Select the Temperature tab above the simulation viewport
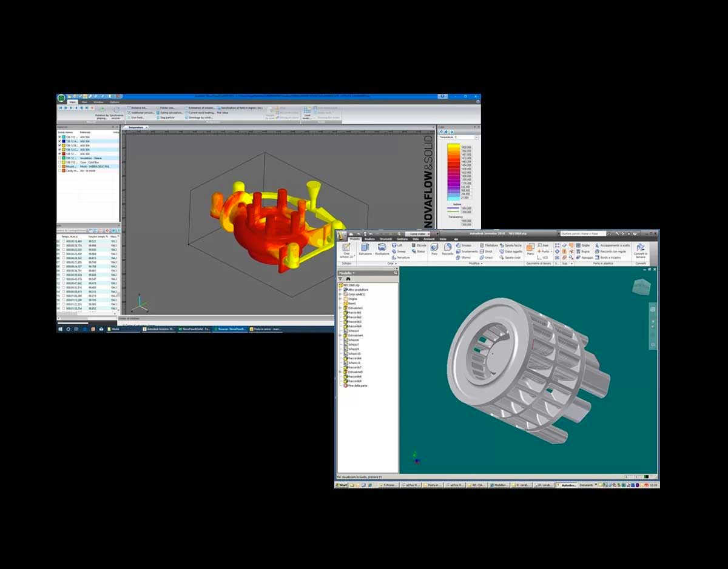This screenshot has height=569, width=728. [136, 127]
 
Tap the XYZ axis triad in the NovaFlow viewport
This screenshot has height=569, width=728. [140, 303]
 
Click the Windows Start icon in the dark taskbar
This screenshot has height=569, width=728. [60, 329]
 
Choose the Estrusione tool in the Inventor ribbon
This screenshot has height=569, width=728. [365, 250]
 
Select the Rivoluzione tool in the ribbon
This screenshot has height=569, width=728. [382, 250]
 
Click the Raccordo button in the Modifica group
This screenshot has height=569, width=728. [448, 250]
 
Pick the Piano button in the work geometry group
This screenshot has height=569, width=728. [530, 250]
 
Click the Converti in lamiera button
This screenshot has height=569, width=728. [640, 251]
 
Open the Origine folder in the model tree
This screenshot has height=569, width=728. [352, 299]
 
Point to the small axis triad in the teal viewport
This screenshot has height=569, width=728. [416, 458]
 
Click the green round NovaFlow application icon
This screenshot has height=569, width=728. [61, 98]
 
